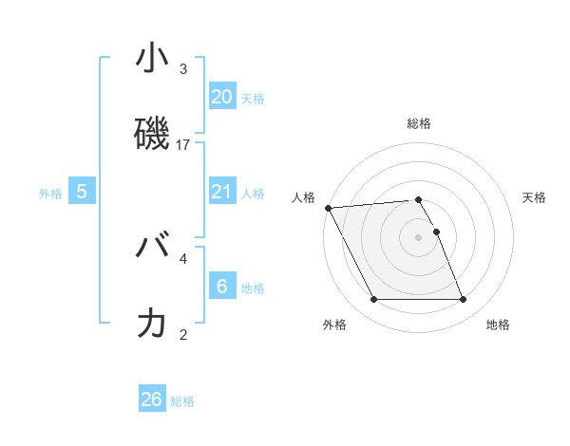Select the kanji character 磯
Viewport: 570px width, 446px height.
152,133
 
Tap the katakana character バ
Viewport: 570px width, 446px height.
152,247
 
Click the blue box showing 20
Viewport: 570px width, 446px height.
221,96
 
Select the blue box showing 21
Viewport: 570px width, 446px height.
221,192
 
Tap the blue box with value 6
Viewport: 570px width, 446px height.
221,286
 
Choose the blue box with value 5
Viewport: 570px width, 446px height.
82,192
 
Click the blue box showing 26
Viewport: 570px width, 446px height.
152,400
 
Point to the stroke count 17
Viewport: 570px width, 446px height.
183,144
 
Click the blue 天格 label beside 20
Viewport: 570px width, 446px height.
252,98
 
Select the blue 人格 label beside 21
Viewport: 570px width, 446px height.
252,194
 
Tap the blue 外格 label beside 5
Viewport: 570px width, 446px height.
50,194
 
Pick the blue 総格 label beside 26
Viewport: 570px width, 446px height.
182,401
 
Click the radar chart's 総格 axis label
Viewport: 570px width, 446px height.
419,123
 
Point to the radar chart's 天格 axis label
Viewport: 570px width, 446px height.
534,197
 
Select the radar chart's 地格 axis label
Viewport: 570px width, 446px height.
498,325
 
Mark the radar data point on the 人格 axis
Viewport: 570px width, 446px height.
328,208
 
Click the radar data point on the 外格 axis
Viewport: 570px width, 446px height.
373,300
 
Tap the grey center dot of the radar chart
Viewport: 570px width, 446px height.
419,237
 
